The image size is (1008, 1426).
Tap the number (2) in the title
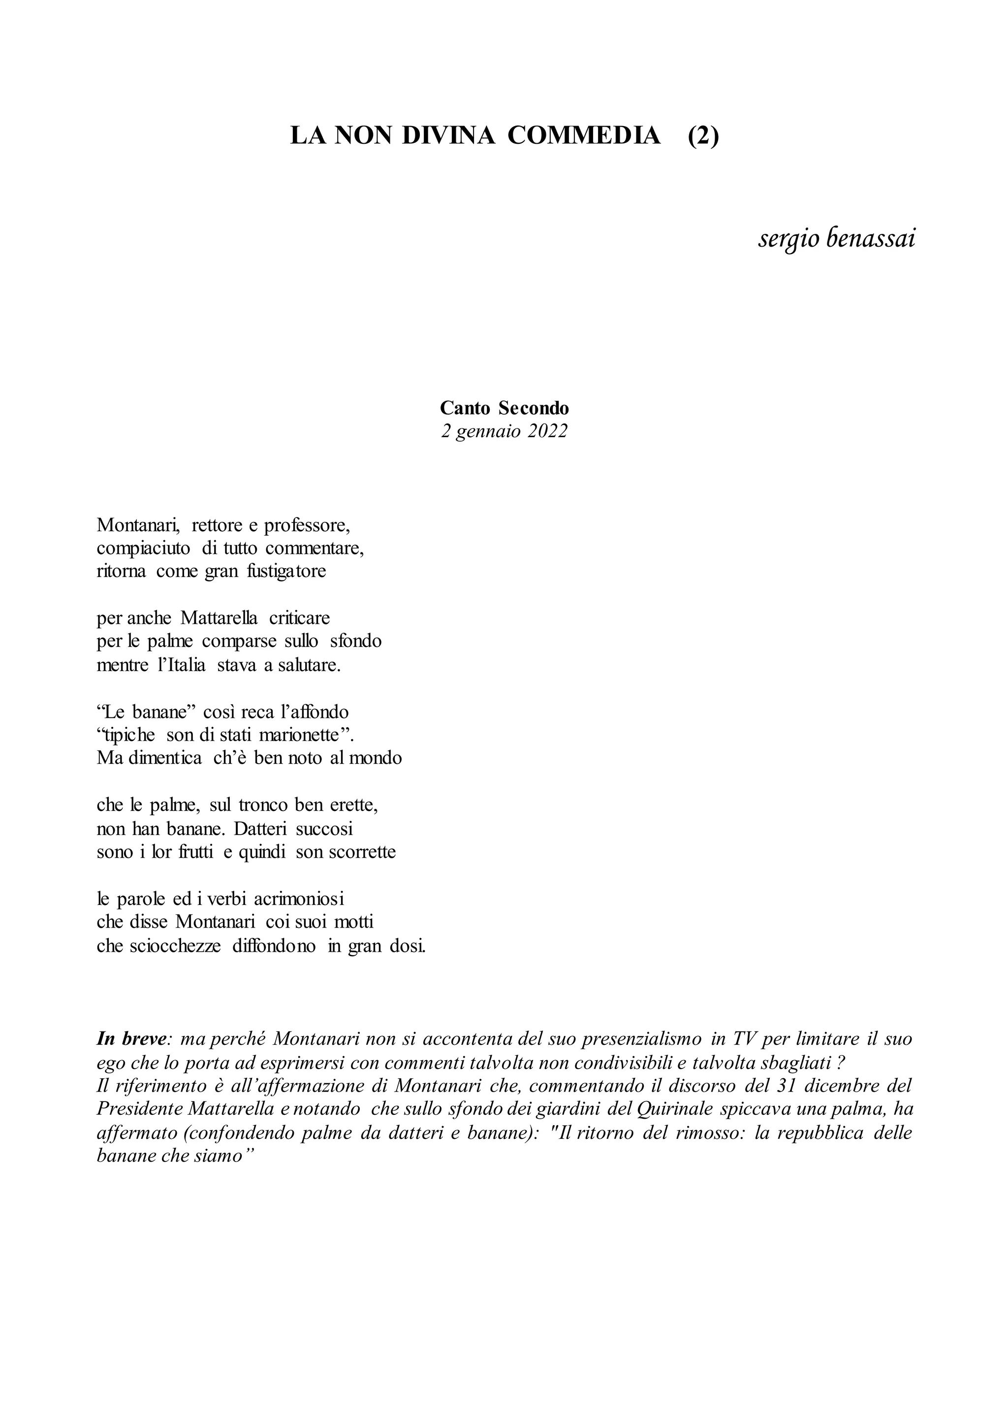point(703,135)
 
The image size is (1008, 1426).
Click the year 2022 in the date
point(547,431)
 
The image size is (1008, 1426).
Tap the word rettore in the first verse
point(217,525)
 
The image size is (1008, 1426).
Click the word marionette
point(301,735)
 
